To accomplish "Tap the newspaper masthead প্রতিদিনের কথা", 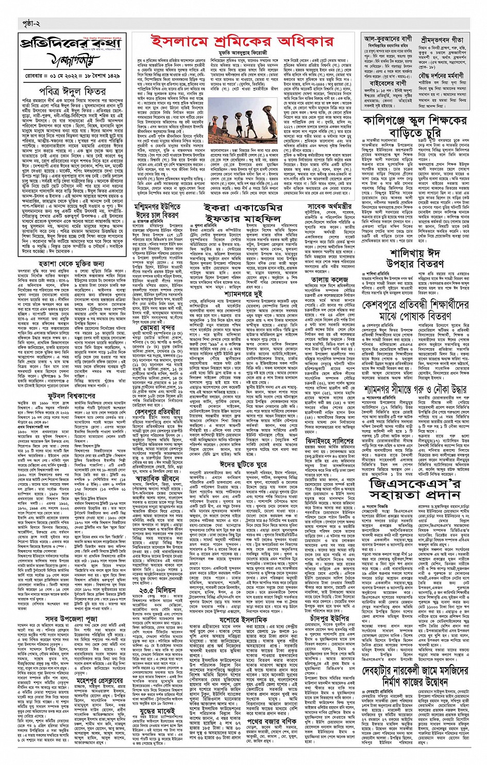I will pyautogui.click(x=74, y=43).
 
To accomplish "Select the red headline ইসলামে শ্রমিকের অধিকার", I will pyautogui.click(x=242, y=41).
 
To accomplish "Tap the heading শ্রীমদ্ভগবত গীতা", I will pyautogui.click(x=443, y=39).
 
